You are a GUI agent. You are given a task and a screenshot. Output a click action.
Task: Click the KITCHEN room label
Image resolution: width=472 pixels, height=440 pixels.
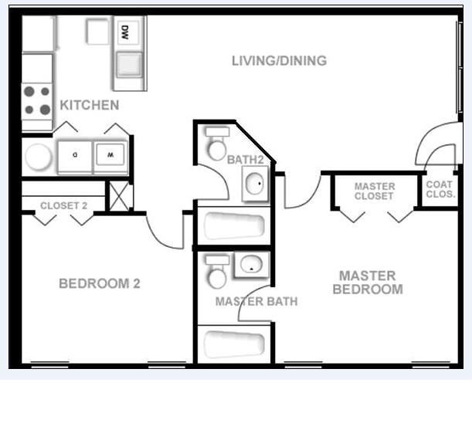click(90, 105)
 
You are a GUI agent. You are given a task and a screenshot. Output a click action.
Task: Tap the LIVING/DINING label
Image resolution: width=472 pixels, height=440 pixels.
click(279, 60)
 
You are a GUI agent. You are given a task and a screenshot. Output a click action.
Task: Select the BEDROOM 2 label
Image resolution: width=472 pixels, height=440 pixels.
click(100, 283)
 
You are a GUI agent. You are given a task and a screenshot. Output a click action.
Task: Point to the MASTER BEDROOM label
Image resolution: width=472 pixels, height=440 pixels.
click(368, 283)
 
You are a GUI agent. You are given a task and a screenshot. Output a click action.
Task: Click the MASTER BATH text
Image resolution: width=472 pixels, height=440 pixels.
click(256, 301)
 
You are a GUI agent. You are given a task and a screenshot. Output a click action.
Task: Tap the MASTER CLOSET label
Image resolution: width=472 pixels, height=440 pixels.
click(375, 191)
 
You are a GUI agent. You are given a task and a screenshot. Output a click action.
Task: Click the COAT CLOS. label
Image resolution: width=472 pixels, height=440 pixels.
click(440, 190)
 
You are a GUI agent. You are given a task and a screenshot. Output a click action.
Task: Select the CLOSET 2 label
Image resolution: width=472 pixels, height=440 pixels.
click(63, 205)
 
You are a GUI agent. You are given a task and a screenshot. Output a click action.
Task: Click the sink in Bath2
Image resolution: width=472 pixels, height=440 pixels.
click(256, 184)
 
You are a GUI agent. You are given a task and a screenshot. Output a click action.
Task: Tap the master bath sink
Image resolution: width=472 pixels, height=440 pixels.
click(252, 265)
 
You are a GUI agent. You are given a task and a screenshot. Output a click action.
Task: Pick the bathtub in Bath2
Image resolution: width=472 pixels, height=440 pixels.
click(233, 227)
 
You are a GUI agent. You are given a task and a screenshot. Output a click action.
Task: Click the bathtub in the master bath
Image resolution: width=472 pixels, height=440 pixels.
click(233, 344)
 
